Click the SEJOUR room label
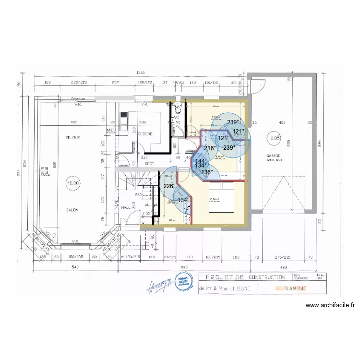coord(72,138)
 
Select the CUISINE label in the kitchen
coord(145,134)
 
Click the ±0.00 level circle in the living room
coord(72,183)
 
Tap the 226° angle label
coord(169,186)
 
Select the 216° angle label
coord(210,148)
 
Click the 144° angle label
coord(201,161)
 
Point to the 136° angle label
coord(206,172)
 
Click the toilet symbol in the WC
coord(178,106)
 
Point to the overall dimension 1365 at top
coord(141,72)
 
